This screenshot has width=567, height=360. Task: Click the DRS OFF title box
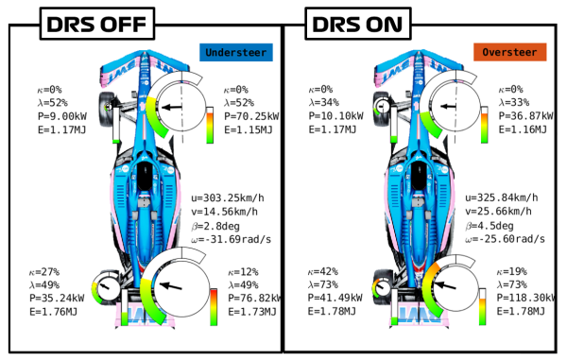pos(97,24)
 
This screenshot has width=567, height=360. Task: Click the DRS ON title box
pos(358,24)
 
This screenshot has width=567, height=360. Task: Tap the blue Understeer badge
pos(236,52)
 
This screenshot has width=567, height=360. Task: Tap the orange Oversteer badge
pos(510,52)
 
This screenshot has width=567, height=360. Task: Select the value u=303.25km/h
pos(228,198)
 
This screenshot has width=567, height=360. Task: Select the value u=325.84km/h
pos(502,197)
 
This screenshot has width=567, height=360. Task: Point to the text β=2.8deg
pos(215,226)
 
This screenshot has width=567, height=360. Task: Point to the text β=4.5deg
pos(490,226)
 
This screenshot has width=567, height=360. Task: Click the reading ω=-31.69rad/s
pos(232,239)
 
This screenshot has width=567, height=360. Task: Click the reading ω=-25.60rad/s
pos(505,239)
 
